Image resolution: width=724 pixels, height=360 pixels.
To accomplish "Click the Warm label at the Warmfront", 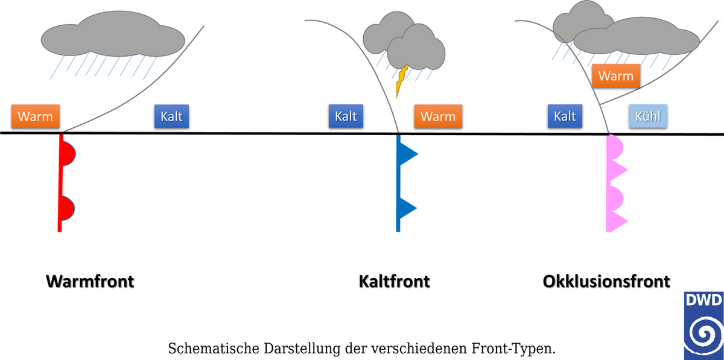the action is click(x=35, y=116).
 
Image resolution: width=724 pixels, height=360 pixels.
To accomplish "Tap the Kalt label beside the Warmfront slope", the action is click(x=171, y=116).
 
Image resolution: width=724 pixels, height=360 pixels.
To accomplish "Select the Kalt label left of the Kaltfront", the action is click(x=346, y=116).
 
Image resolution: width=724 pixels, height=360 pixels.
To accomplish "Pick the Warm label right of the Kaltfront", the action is click(x=438, y=116).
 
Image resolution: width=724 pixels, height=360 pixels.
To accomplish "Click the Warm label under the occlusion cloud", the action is click(x=616, y=76).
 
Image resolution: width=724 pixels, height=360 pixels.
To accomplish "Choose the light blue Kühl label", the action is click(x=648, y=116).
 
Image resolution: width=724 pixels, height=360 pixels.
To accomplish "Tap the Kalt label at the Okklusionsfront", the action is click(x=565, y=116).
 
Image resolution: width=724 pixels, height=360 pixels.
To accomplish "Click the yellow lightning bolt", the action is click(x=401, y=81).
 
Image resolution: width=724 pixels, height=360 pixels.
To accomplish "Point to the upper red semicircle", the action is click(x=69, y=154).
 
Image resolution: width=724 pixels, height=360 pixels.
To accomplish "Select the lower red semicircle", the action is click(x=68, y=208).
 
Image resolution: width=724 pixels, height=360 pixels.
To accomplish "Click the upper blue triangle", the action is click(x=408, y=154).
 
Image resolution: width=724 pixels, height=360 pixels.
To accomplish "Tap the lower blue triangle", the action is click(x=408, y=208).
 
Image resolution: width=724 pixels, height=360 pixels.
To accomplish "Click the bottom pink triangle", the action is click(x=618, y=221).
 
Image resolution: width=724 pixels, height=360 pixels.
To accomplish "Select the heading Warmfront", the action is click(x=90, y=281).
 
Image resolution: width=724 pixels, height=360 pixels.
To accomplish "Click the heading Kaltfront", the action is click(x=395, y=281).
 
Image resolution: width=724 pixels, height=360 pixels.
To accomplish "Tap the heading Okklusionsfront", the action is click(x=606, y=281).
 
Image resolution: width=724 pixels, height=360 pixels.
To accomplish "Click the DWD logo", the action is click(x=703, y=326).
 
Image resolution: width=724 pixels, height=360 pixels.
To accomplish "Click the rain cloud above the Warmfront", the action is click(x=113, y=34).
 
